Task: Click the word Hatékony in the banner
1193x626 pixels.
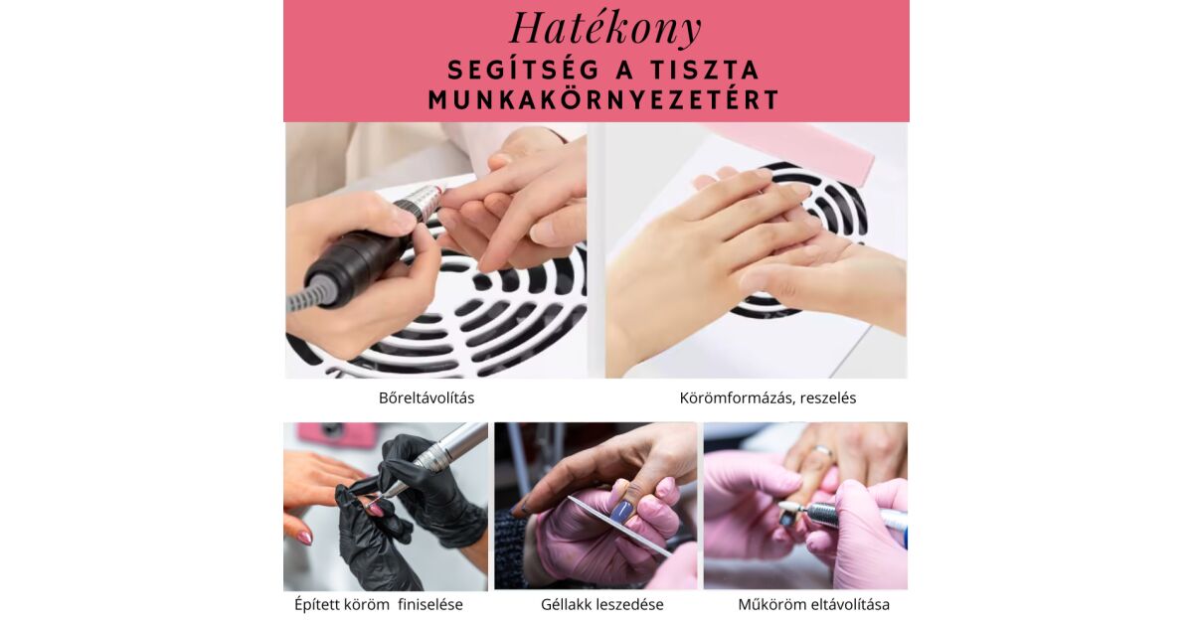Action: pyautogui.click(x=605, y=29)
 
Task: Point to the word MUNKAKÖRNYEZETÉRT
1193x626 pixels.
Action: pyautogui.click(x=604, y=100)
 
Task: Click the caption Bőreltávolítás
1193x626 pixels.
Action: pyautogui.click(x=426, y=398)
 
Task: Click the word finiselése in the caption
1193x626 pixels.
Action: pyautogui.click(x=430, y=605)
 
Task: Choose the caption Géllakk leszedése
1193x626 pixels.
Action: pyautogui.click(x=602, y=605)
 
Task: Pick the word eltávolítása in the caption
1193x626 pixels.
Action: pyautogui.click(x=851, y=605)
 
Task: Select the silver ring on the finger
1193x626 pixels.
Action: pyautogui.click(x=823, y=452)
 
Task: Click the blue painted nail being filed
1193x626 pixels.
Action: pyautogui.click(x=620, y=511)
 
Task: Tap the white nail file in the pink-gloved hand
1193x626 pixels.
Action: pyautogui.click(x=617, y=525)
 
